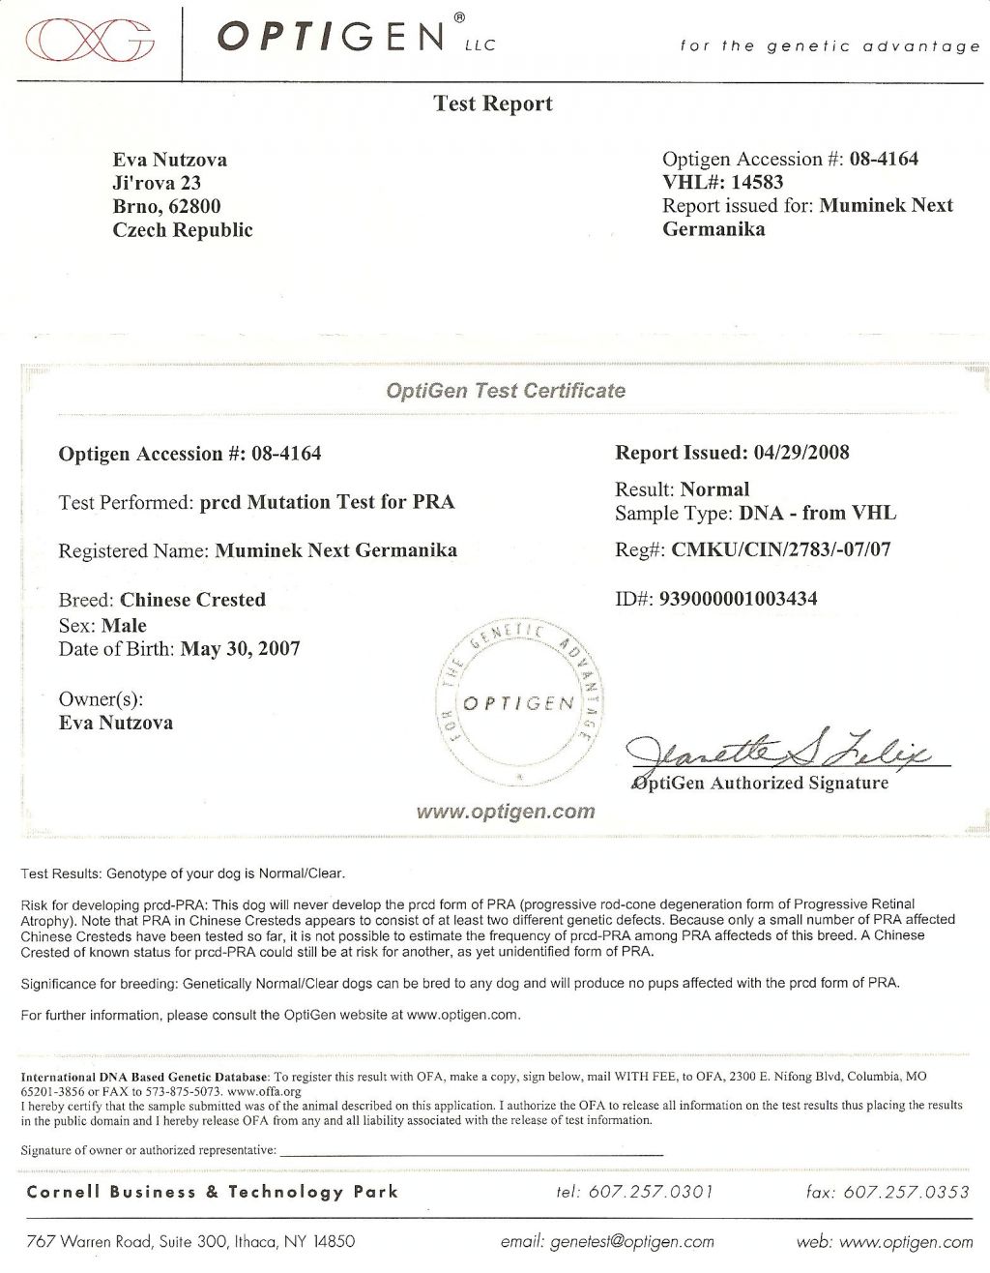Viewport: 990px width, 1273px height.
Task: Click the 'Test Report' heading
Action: tap(493, 104)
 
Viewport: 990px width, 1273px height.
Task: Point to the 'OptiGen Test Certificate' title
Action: tap(505, 391)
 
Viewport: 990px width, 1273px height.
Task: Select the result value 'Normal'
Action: tap(714, 489)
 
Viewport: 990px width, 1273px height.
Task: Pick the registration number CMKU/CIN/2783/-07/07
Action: tap(781, 550)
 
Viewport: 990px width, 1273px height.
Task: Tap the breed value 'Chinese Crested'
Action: tap(192, 600)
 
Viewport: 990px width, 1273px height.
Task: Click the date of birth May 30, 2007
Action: tap(240, 648)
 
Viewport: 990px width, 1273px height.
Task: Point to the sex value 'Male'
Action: tap(124, 625)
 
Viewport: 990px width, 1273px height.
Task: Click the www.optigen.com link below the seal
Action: tap(505, 812)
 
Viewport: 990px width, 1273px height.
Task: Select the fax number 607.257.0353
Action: tap(906, 1192)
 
